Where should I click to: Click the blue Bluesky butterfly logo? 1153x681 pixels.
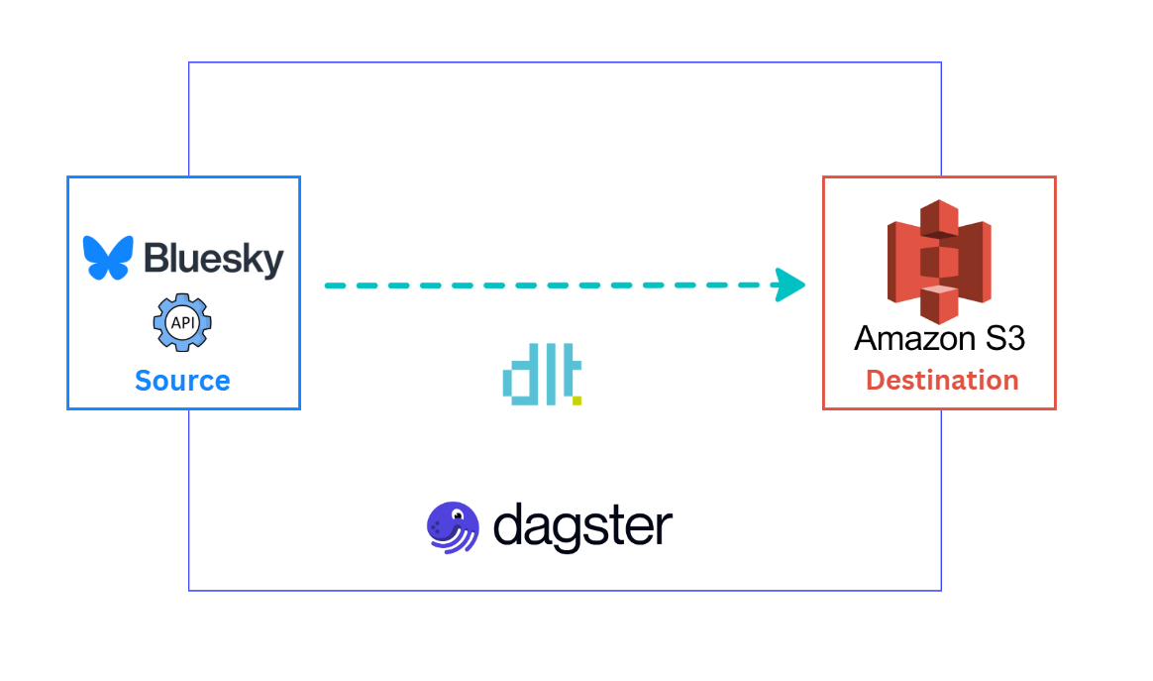click(108, 258)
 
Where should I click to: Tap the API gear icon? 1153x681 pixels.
click(182, 322)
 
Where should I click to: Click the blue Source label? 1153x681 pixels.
click(182, 381)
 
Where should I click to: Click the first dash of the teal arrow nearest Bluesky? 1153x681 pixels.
click(338, 285)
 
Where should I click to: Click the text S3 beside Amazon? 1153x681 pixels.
click(1001, 339)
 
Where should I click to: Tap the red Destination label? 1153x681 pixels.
click(942, 381)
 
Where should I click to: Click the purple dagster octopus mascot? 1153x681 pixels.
click(453, 526)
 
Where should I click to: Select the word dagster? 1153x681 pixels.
click(582, 526)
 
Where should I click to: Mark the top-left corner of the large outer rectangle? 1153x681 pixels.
click(189, 62)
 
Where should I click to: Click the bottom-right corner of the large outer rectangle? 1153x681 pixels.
click(941, 591)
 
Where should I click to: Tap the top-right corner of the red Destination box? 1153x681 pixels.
click(1056, 177)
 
